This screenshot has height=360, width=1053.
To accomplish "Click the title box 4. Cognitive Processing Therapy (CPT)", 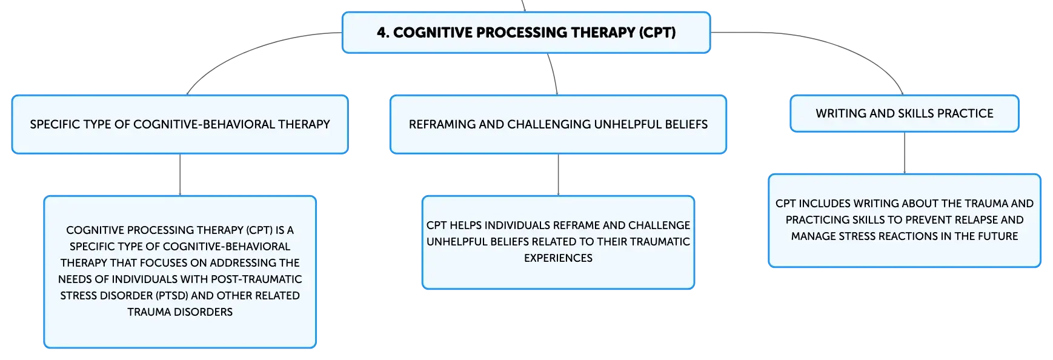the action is [526, 33].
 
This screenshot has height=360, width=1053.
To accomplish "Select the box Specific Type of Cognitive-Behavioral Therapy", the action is [180, 124].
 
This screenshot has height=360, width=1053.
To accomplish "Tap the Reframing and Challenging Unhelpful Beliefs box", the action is [558, 124].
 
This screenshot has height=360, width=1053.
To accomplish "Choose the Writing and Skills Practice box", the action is [905, 113].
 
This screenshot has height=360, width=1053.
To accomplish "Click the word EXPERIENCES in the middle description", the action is [558, 258].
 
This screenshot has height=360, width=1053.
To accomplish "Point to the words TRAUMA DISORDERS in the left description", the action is [180, 312].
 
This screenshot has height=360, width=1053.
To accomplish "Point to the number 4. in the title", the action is [383, 33].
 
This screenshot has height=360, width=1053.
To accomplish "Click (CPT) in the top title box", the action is [657, 33].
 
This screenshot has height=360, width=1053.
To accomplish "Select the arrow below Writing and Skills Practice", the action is [905, 153].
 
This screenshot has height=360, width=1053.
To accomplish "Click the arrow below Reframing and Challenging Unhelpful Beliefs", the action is [558, 175].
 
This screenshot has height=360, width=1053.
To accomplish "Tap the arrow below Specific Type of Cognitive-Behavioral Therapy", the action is [180, 175].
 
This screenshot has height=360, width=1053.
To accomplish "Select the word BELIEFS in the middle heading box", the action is [686, 124].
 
